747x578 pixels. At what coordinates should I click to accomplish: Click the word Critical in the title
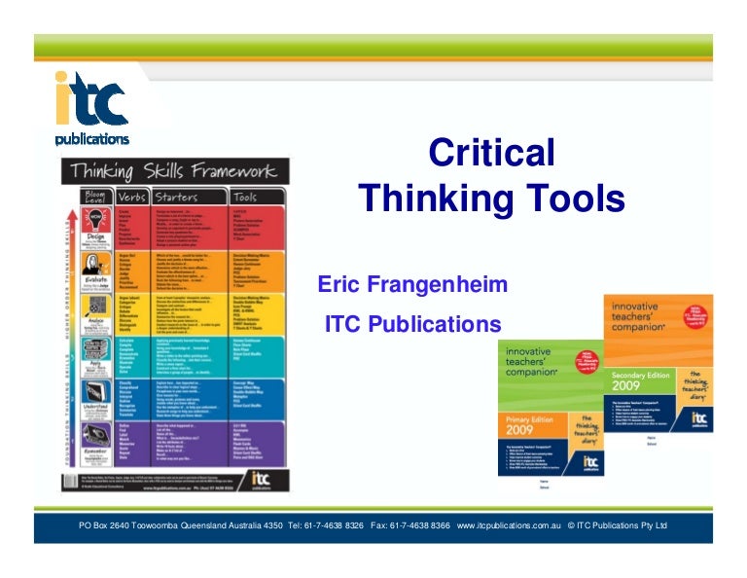pyautogui.click(x=491, y=154)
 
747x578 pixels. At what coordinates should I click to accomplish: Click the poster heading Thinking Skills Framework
pyautogui.click(x=171, y=171)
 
